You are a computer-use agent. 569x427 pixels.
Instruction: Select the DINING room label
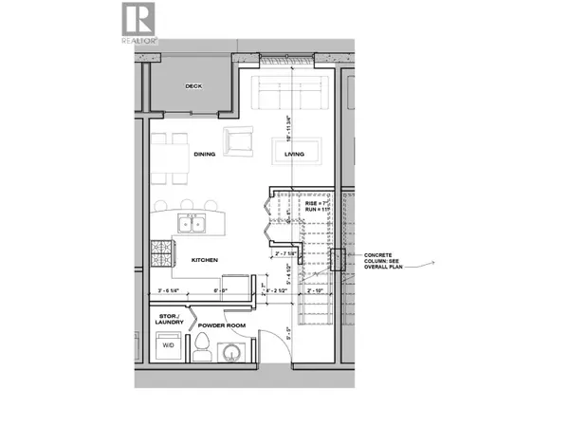[x=205, y=154]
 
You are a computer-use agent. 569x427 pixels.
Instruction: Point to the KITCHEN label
[x=205, y=259]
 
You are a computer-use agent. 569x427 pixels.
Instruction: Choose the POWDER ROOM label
[x=222, y=325]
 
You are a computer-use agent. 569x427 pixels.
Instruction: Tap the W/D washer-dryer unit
[x=167, y=348]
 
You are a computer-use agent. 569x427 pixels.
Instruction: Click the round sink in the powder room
[x=230, y=354]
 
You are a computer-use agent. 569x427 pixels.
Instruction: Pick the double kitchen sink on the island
[x=194, y=226]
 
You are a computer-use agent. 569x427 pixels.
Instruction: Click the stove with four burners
[x=160, y=253]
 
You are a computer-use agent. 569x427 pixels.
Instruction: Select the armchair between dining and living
[x=237, y=140]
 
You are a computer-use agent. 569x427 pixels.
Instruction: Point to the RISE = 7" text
[x=316, y=204]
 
